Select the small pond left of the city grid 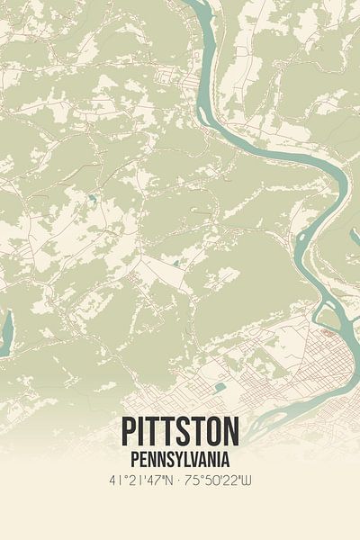220,387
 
